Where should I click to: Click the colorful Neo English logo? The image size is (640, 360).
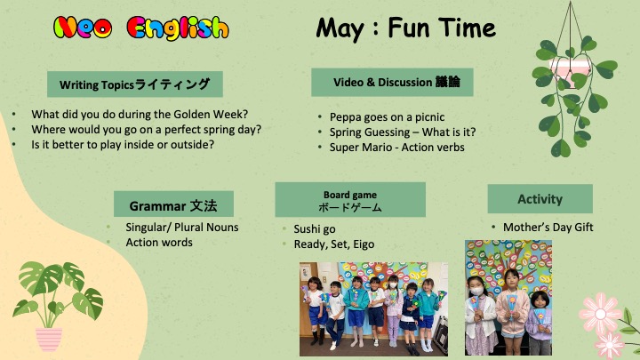[x=140, y=28]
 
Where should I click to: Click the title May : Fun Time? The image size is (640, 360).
[x=405, y=28]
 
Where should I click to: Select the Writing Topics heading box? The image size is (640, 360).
[x=135, y=84]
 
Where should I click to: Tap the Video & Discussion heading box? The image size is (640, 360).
[x=392, y=82]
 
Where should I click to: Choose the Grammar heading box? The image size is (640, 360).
[x=173, y=204]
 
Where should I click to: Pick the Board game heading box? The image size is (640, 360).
[x=350, y=200]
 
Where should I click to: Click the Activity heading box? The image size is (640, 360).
[x=540, y=199]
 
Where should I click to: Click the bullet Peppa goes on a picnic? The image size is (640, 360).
[x=387, y=117]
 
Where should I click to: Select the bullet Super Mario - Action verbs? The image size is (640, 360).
[x=396, y=148]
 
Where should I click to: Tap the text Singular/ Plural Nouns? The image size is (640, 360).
[x=182, y=228]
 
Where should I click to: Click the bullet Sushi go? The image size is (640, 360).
[x=315, y=229]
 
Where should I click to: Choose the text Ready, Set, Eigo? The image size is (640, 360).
[x=334, y=244]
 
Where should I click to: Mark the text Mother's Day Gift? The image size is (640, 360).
[x=548, y=228]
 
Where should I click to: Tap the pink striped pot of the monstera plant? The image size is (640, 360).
[x=49, y=340]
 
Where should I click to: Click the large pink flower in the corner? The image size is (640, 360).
[x=600, y=313]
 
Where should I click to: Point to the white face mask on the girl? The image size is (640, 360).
[x=476, y=292]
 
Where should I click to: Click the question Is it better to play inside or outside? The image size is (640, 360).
[x=123, y=145]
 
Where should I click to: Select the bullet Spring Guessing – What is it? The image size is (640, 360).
[x=403, y=132]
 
